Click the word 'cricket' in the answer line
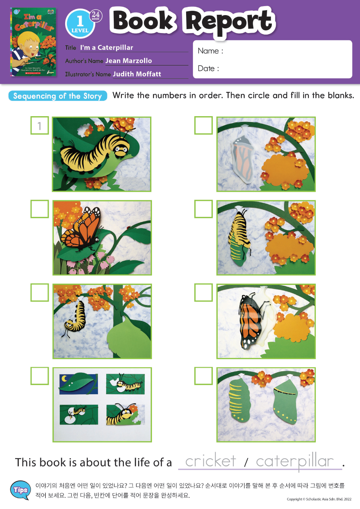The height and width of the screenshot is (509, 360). point(211,461)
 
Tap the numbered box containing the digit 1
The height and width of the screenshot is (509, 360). point(40,126)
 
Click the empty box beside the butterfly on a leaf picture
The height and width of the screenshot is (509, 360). point(40,209)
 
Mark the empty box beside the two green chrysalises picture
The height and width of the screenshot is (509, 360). point(203,376)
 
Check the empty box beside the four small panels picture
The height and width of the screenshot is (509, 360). point(40,376)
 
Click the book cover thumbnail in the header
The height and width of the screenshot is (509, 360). point(33,42)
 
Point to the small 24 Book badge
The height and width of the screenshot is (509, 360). point(96,16)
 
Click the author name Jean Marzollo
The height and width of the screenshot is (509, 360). point(129,61)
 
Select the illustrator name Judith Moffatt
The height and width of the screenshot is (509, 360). point(137,74)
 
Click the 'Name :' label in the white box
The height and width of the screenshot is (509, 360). point(210,51)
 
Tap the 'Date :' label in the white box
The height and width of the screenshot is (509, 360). point(208,68)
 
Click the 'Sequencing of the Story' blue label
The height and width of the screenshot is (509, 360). point(58,96)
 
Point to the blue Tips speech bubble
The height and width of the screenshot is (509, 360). point(21,490)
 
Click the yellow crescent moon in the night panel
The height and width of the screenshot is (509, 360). point(64,378)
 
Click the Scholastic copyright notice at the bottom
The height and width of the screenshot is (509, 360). point(319,499)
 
